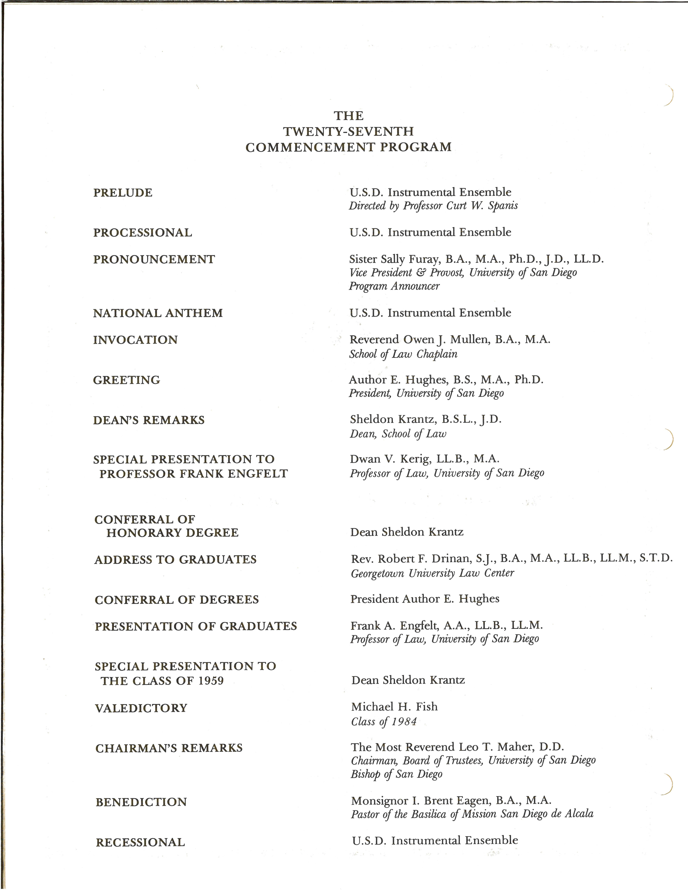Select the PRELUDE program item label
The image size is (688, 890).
coord(123,193)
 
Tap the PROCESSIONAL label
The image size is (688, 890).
coord(143,233)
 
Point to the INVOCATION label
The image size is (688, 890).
coord(135,340)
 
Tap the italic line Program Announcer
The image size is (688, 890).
coord(394,286)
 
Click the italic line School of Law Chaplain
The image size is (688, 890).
coord(403,354)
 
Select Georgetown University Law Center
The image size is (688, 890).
coord(432,573)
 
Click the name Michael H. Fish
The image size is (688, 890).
coord(394,707)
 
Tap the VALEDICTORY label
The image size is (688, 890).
coord(141,708)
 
